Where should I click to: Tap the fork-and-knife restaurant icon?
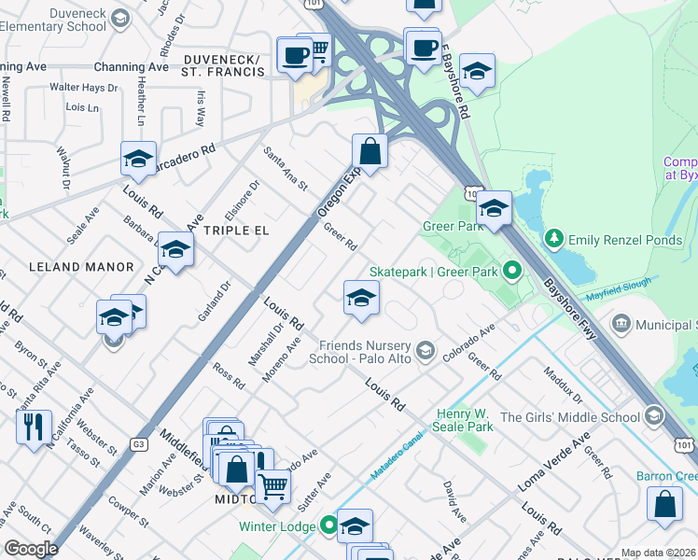34,427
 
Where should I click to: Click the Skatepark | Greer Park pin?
511,272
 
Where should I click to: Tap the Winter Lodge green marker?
328,525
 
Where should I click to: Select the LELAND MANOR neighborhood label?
81,267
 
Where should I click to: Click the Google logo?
31,549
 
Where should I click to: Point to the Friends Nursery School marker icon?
426,350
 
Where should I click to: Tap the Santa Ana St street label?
285,168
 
